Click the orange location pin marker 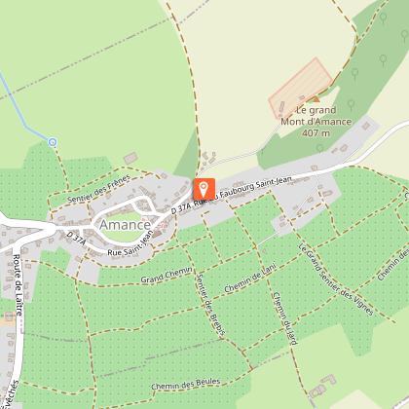pyautogui.click(x=204, y=189)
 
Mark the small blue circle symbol pyautogui.click(x=53, y=141)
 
